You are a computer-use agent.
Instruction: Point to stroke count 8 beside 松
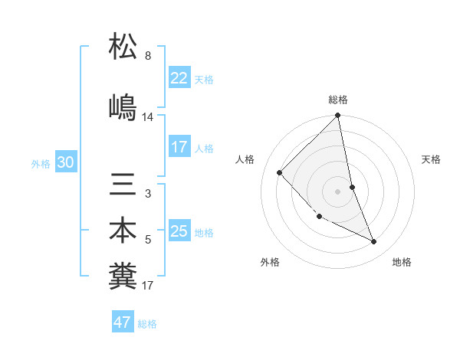click(x=148, y=56)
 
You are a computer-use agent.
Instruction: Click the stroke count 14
click(x=148, y=117)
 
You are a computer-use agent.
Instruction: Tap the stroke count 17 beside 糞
click(x=148, y=286)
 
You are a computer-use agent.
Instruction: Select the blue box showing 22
click(x=179, y=78)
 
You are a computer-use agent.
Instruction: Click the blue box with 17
click(x=179, y=147)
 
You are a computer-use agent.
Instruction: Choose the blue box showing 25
click(x=179, y=231)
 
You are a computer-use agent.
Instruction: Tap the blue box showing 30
click(x=65, y=162)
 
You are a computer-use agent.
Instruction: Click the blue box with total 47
click(x=123, y=322)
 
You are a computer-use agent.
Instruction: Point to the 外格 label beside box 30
click(x=41, y=163)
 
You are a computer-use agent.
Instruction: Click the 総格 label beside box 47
click(x=147, y=324)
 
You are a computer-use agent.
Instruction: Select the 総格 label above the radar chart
click(x=338, y=100)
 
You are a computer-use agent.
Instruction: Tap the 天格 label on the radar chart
click(x=431, y=159)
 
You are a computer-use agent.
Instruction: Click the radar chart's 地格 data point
click(x=374, y=241)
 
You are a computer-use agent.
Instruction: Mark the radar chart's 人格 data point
click(x=280, y=172)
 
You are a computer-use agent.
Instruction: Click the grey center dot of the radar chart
click(x=338, y=191)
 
